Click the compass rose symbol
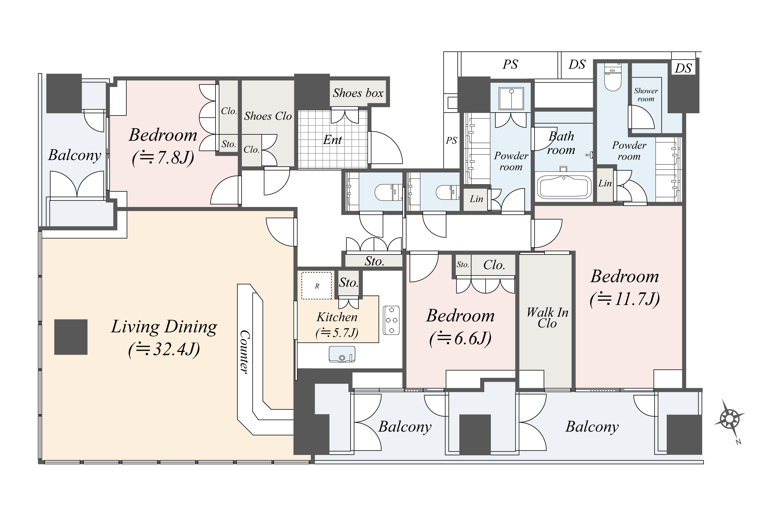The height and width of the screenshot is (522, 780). [x=729, y=418]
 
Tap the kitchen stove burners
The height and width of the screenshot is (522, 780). [x=391, y=320]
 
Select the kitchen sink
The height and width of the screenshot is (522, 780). [x=342, y=354]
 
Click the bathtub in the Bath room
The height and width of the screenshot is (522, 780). [x=564, y=187]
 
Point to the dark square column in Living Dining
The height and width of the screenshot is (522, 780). [x=71, y=337]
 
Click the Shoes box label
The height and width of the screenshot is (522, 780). [x=358, y=93]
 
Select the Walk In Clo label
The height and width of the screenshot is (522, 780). [x=547, y=318]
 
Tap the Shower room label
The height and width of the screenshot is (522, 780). [x=646, y=95]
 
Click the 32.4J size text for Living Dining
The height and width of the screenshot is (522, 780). [x=164, y=350]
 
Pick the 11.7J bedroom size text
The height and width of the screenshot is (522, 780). [x=624, y=299]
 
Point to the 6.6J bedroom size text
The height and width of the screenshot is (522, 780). [x=460, y=338]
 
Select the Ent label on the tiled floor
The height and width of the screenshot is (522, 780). [x=332, y=140]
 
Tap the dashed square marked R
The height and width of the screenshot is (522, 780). [x=317, y=286]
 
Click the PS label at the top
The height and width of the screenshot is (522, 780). [x=510, y=64]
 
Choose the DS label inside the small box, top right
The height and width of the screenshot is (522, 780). [x=683, y=69]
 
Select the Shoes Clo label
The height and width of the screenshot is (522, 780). [x=268, y=116]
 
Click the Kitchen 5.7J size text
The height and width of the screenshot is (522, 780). [x=337, y=333]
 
